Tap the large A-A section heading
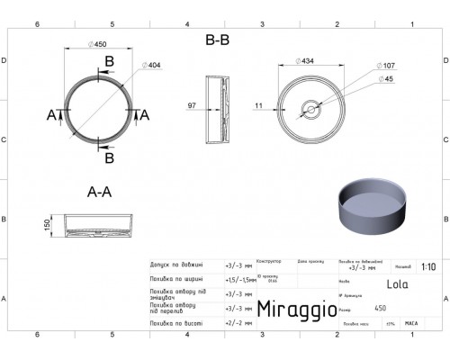[x=99, y=191]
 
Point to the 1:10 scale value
[x=430, y=266]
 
